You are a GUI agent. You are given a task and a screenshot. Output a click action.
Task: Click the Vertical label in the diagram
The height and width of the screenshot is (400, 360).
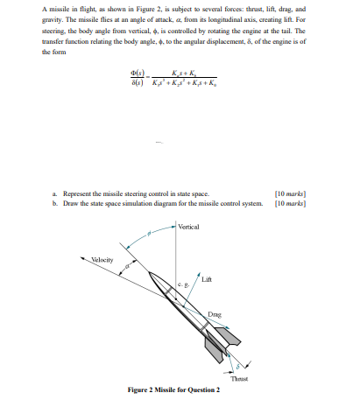point(188,227)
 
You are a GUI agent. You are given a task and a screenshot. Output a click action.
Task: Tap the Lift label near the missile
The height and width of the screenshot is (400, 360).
point(206,279)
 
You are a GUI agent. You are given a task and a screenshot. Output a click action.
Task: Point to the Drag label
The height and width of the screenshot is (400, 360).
point(214,312)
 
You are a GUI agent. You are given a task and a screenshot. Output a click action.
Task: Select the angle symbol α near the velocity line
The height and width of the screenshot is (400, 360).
point(128,265)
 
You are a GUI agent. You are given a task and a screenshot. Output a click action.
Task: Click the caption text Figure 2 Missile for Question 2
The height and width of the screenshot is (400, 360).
point(173,389)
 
